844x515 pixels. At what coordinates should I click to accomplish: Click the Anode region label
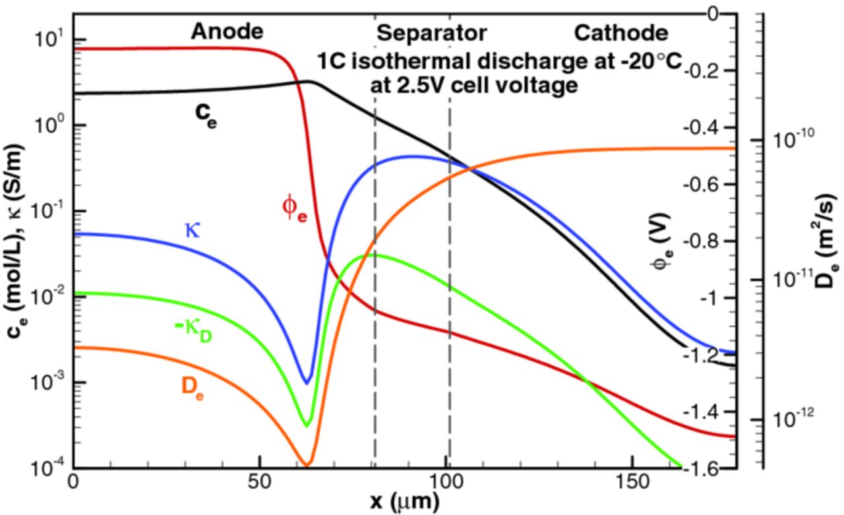tap(227, 31)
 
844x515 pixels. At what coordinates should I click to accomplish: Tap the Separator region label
tap(431, 32)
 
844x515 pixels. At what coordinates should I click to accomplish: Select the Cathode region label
tap(620, 32)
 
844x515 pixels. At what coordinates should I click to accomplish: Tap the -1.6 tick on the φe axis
tap(703, 470)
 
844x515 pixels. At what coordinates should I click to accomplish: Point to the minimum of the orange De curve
tap(307, 466)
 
